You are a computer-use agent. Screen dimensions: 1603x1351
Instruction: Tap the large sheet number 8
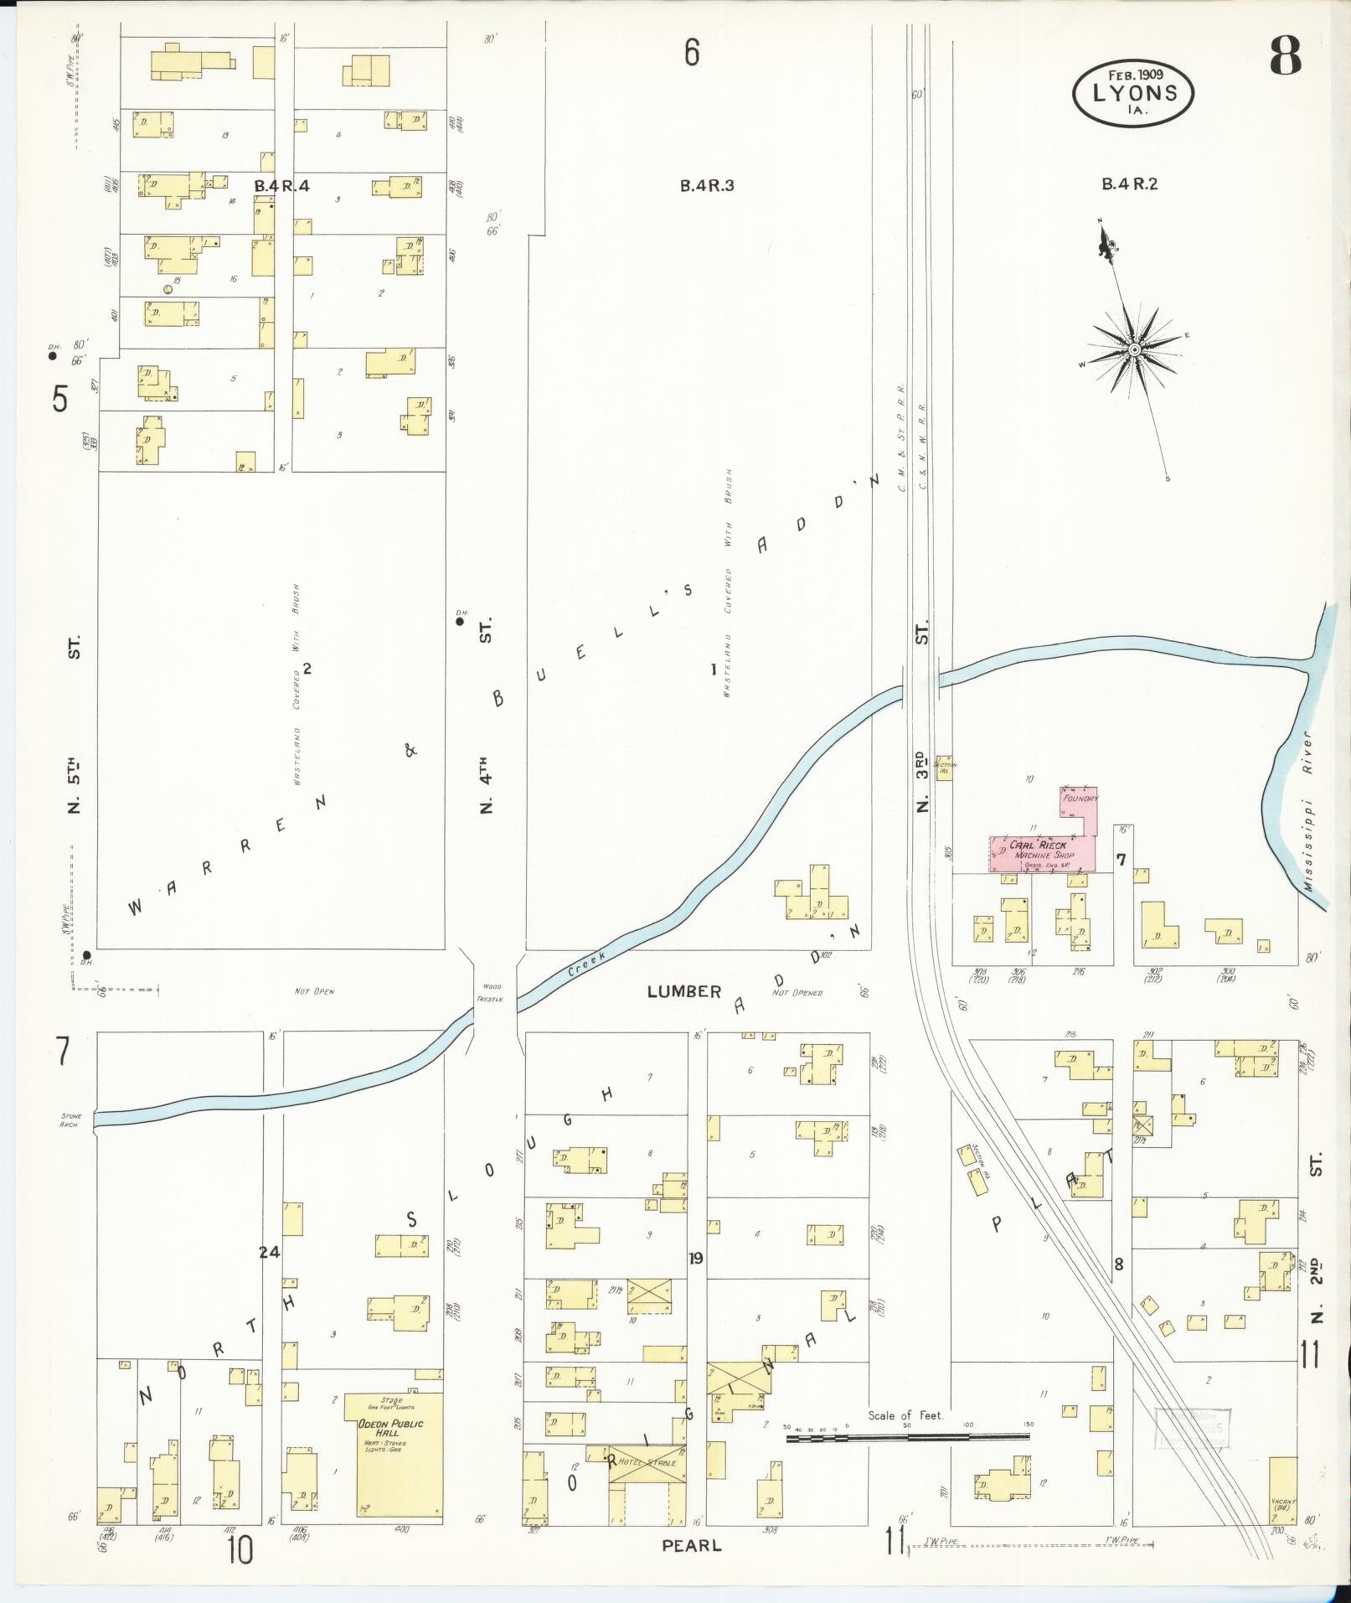[1285, 57]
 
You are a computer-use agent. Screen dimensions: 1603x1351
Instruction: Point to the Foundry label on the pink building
[1080, 799]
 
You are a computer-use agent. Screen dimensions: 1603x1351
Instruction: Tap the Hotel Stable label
[646, 1462]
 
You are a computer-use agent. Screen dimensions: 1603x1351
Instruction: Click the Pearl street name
[691, 1544]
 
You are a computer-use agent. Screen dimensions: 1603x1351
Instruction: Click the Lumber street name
[683, 991]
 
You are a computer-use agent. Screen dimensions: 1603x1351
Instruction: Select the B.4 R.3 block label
[706, 185]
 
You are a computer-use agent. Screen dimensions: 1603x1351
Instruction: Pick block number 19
[695, 1258]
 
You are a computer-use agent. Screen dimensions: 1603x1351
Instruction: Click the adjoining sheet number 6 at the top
[691, 54]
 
